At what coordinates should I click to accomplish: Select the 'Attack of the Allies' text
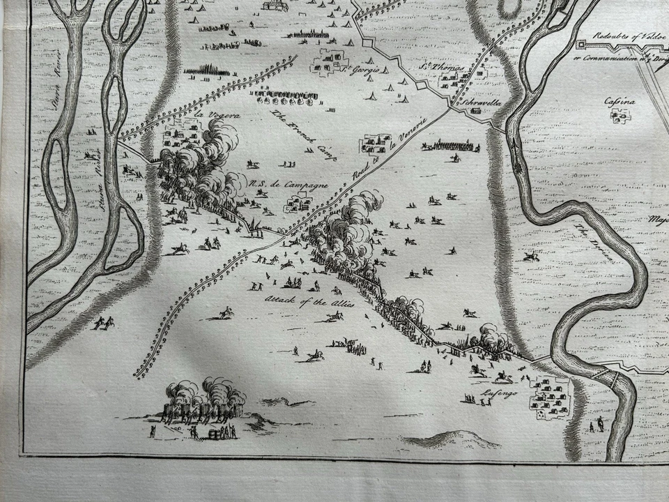click(309, 301)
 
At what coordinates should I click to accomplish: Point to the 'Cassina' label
click(620, 103)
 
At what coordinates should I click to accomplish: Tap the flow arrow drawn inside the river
click(516, 150)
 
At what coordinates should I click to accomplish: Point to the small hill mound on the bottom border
click(453, 439)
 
